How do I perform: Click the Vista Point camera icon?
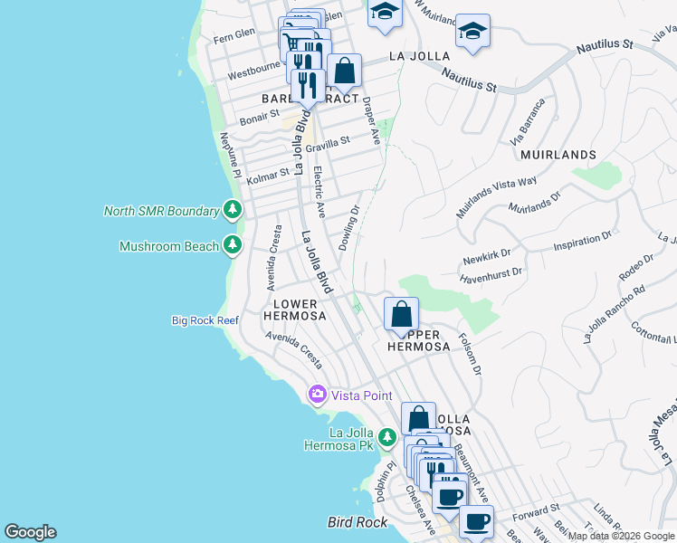tap(317, 395)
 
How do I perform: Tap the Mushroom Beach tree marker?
tap(233, 245)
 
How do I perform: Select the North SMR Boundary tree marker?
tap(233, 211)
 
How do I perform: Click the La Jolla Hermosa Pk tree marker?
tap(387, 439)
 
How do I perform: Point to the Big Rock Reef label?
tap(205, 320)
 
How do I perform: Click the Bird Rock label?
tap(357, 522)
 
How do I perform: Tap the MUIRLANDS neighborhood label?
tap(558, 155)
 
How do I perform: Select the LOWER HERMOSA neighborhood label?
tap(291, 310)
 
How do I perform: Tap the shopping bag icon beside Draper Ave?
tap(344, 71)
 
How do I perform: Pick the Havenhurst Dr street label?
tap(491, 271)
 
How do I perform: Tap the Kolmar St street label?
tap(268, 170)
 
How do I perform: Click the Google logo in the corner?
tap(31, 532)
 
